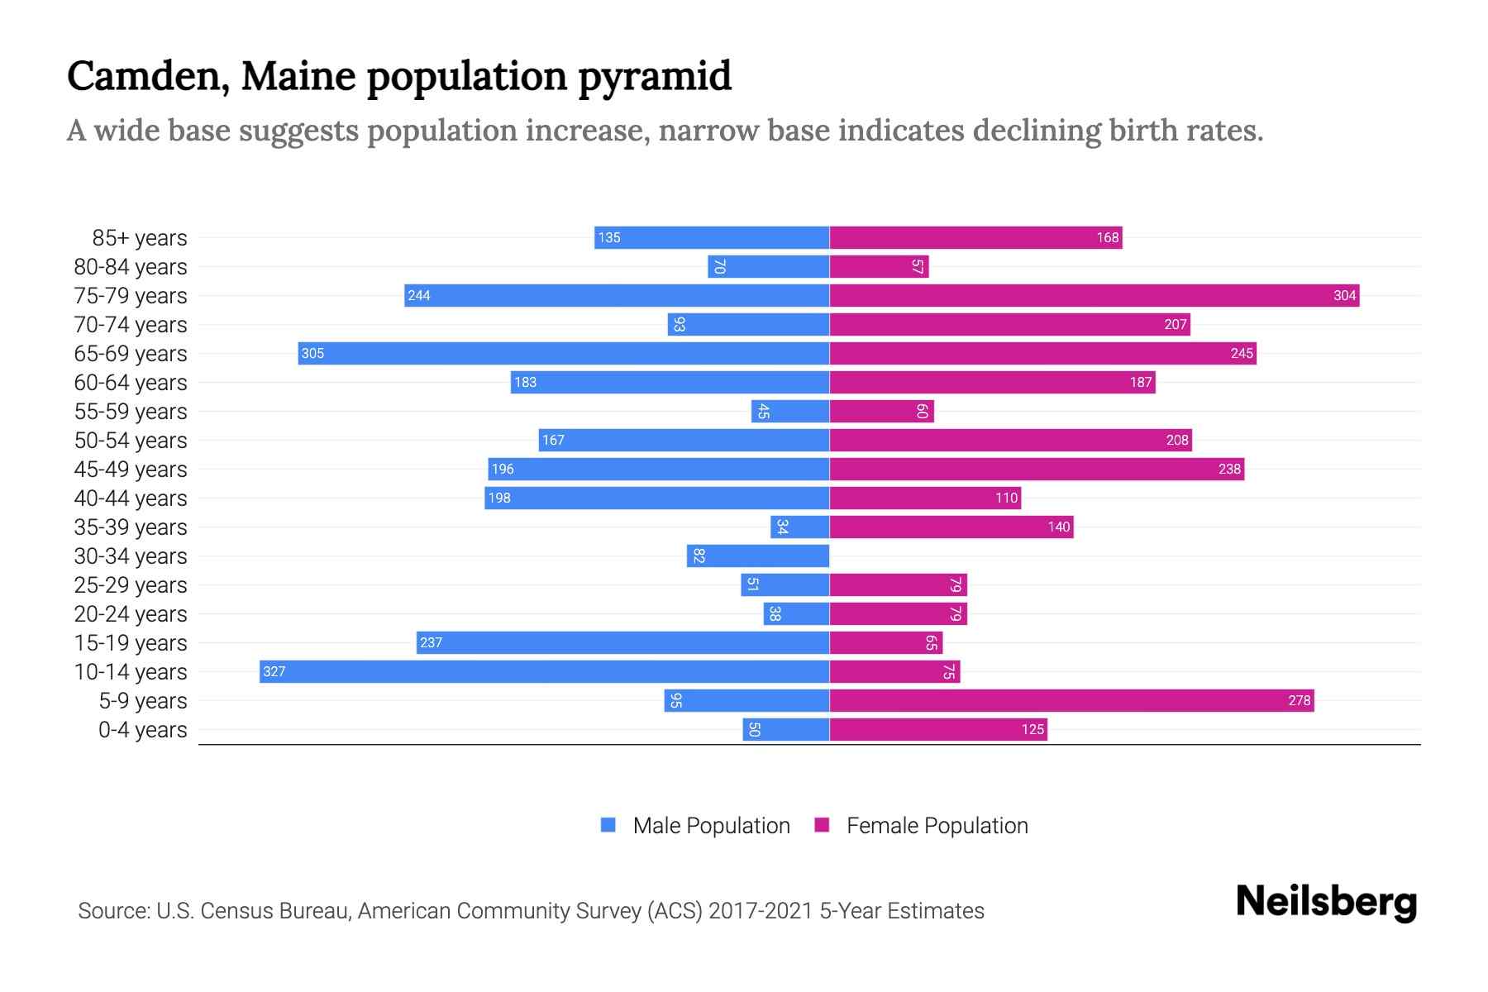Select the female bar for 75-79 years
click(x=1094, y=295)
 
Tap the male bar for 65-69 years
click(x=564, y=353)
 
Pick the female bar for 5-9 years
click(x=1071, y=700)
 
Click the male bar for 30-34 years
click(x=758, y=556)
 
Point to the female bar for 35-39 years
click(x=951, y=527)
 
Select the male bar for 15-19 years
click(x=622, y=642)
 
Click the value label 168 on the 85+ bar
click(x=1107, y=237)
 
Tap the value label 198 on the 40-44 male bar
click(x=499, y=498)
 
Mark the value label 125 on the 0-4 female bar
click(x=1033, y=729)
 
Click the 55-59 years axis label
click(x=131, y=412)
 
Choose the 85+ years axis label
click(x=140, y=238)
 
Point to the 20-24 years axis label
click(x=131, y=614)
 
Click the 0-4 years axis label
click(x=142, y=730)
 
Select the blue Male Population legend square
click(x=608, y=825)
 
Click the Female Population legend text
click(x=937, y=826)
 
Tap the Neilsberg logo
click(x=1326, y=902)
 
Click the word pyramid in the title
click(x=655, y=77)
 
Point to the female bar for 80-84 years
click(x=879, y=266)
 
